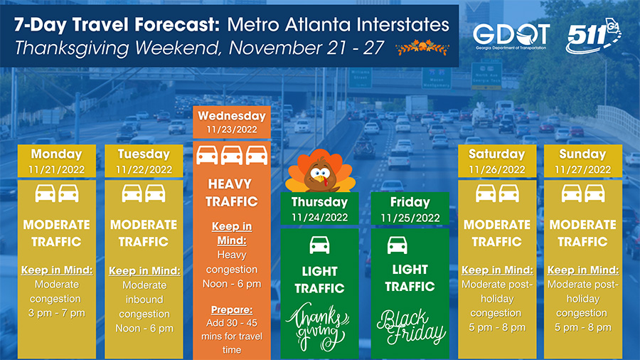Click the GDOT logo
coord(511,36)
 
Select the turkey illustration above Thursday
coord(320,171)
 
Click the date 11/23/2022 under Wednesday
coord(232,129)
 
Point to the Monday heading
coord(57,154)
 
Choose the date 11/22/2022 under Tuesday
coord(144,169)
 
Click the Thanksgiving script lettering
coord(319,326)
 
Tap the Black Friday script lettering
coord(410,327)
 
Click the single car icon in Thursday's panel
coord(319,245)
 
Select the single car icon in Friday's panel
coord(397,245)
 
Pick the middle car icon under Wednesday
coord(231,156)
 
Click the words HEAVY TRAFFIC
coord(232,193)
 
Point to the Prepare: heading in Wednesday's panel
coord(232,309)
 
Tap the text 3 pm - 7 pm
coord(57,313)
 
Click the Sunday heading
coord(582,154)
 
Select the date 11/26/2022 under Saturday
coord(497,169)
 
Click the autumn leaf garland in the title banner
coord(422,48)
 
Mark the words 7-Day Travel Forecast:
coord(117,26)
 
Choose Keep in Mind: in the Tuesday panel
coord(144,271)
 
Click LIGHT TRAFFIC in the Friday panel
coord(410,278)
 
